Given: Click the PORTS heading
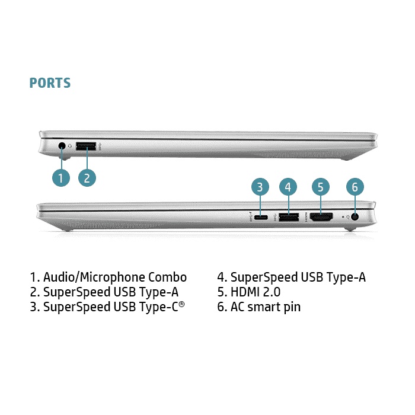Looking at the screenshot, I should [50, 83].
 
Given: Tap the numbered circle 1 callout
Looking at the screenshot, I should [61, 177].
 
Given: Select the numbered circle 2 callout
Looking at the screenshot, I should [87, 177].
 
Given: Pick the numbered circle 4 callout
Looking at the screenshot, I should [288, 187].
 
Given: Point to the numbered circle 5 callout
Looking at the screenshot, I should [320, 187].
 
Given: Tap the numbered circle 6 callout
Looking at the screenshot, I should [355, 187].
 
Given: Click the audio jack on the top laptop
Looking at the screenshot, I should [62, 145].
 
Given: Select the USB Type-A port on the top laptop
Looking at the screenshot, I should [87, 145].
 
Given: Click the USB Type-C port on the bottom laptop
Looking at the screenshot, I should [261, 217].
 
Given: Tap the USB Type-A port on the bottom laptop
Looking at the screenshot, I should [288, 217].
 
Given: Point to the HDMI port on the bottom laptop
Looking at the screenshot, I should [321, 217].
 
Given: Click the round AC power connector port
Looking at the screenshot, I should [355, 217].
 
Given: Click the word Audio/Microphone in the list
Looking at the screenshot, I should [94, 277].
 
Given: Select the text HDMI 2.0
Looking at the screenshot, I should [255, 292].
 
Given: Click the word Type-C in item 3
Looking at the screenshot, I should [159, 307].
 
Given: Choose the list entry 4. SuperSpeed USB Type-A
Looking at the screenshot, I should [291, 277].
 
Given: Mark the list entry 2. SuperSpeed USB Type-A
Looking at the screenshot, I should [104, 292].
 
